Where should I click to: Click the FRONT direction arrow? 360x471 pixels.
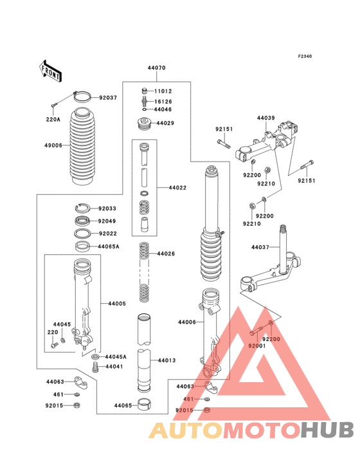point(51,70)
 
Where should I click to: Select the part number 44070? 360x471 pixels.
point(156,68)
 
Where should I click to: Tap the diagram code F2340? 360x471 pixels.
point(304,57)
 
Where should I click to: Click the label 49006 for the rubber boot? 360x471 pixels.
point(53,146)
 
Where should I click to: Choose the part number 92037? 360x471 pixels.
point(108,98)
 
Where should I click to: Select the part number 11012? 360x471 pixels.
point(163,91)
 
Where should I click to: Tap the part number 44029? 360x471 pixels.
point(164,122)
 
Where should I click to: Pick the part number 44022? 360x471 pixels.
point(178,188)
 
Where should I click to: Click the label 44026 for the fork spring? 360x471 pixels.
point(166,254)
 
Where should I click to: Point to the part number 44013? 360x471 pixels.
point(166,361)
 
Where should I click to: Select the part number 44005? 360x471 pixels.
point(116,303)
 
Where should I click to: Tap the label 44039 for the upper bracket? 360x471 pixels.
point(265,118)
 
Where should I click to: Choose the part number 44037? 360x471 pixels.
point(260,247)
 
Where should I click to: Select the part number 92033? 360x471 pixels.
point(107,208)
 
